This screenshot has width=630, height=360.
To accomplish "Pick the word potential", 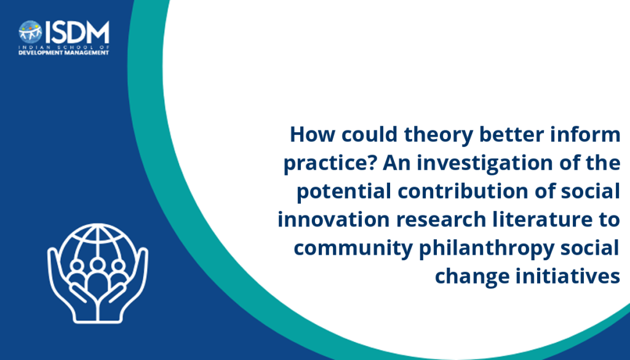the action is (x=344, y=192).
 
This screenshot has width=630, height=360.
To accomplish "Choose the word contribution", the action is (x=463, y=191).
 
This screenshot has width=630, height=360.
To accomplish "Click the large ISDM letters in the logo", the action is (x=77, y=33).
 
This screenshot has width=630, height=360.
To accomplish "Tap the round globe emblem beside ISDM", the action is (x=30, y=32).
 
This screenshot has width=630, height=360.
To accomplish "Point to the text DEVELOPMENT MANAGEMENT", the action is (x=63, y=53).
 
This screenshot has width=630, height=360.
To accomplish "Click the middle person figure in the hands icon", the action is (x=97, y=278).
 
